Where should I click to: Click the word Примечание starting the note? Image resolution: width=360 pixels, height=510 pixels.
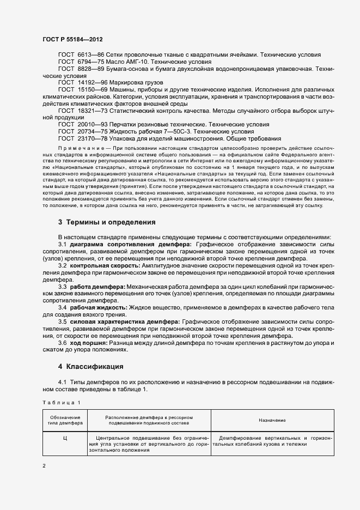pos(77,148)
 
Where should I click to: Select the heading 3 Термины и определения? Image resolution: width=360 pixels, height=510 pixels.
pos(107,222)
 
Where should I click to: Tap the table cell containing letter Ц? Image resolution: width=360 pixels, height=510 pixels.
pos(65,438)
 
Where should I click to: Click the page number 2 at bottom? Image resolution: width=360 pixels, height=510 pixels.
pos(44,466)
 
